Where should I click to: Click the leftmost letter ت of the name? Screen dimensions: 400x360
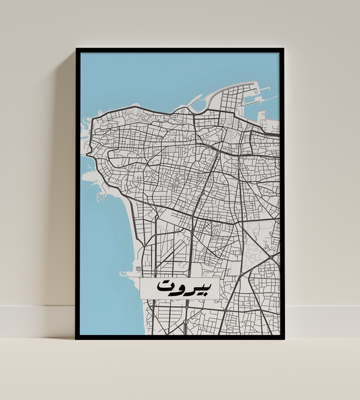[164, 287]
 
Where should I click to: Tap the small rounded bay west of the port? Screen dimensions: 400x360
[183, 107]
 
